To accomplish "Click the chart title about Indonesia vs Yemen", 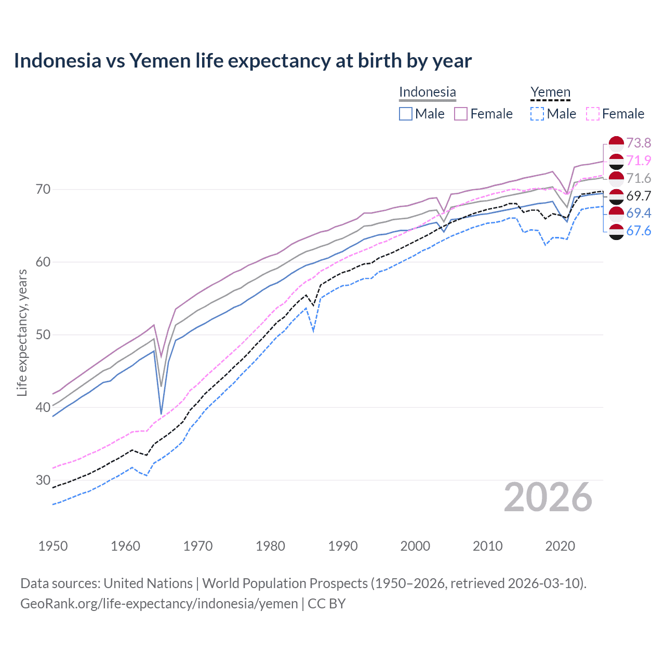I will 243,61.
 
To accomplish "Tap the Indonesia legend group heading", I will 427,92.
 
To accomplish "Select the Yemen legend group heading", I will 550,92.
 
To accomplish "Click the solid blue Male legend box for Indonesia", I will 406,114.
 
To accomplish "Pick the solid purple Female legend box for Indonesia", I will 461,114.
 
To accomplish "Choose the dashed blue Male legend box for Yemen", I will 537,114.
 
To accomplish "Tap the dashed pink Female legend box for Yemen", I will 593,114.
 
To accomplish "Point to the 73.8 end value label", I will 639,143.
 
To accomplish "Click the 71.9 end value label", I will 639,161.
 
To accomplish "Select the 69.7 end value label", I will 639,196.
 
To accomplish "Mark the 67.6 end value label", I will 639,231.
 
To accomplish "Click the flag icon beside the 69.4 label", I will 616,213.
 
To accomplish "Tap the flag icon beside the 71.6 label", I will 616,178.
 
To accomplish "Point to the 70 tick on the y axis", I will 43,189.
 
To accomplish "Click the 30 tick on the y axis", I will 43,480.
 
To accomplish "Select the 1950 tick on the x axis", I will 53,546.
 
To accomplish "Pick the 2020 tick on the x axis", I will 560,546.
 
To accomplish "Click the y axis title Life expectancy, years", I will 22,332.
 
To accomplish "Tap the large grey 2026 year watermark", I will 548,497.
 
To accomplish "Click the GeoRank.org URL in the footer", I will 159,604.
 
